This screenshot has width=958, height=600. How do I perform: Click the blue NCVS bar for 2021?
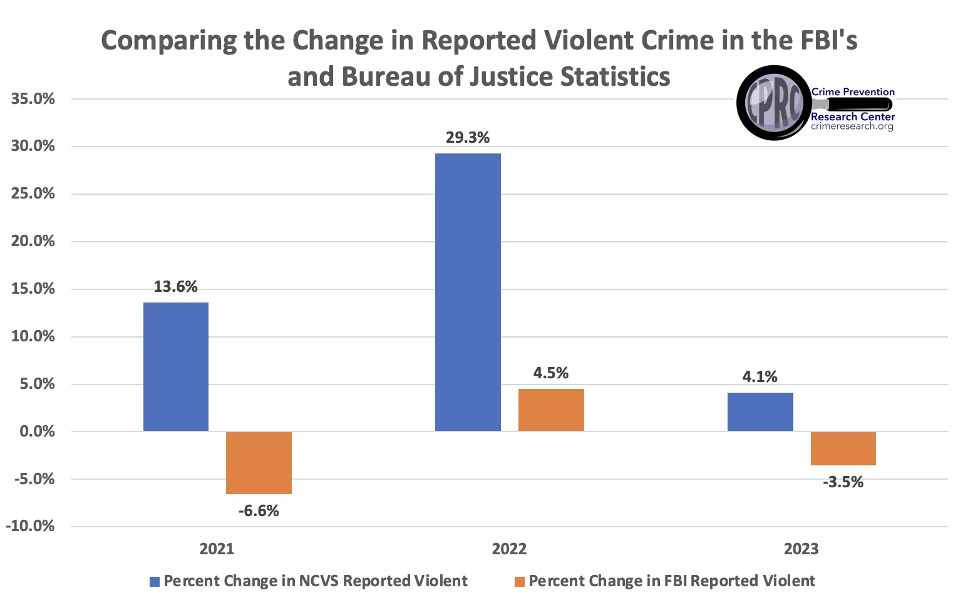tap(176, 366)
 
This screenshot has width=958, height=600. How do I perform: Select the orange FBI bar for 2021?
tap(259, 463)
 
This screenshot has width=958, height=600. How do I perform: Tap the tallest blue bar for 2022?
tap(468, 292)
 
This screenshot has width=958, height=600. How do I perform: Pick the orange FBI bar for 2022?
tap(551, 410)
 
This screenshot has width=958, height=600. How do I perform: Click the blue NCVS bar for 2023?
tap(760, 411)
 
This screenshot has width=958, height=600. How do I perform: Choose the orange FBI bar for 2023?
tap(843, 448)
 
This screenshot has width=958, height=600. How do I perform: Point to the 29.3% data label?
tap(468, 138)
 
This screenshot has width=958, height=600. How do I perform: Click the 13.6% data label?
tap(176, 287)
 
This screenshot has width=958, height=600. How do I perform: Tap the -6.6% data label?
tap(259, 511)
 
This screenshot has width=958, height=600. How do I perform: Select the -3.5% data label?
tap(843, 482)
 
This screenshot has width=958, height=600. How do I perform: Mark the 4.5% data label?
tap(551, 373)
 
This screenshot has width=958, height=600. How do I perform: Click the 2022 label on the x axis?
tap(509, 549)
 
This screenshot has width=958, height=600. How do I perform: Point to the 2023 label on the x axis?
tap(801, 549)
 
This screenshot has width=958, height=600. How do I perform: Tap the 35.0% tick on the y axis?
tap(33, 99)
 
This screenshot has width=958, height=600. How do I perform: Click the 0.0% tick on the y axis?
tap(37, 432)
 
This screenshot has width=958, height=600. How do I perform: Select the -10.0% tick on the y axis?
tap(30, 526)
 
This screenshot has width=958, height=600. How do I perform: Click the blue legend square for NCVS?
tap(155, 582)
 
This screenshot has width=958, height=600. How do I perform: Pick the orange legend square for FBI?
tap(519, 582)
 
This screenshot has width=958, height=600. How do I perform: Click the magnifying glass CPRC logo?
tap(775, 103)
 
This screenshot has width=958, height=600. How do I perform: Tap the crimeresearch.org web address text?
tap(852, 127)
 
